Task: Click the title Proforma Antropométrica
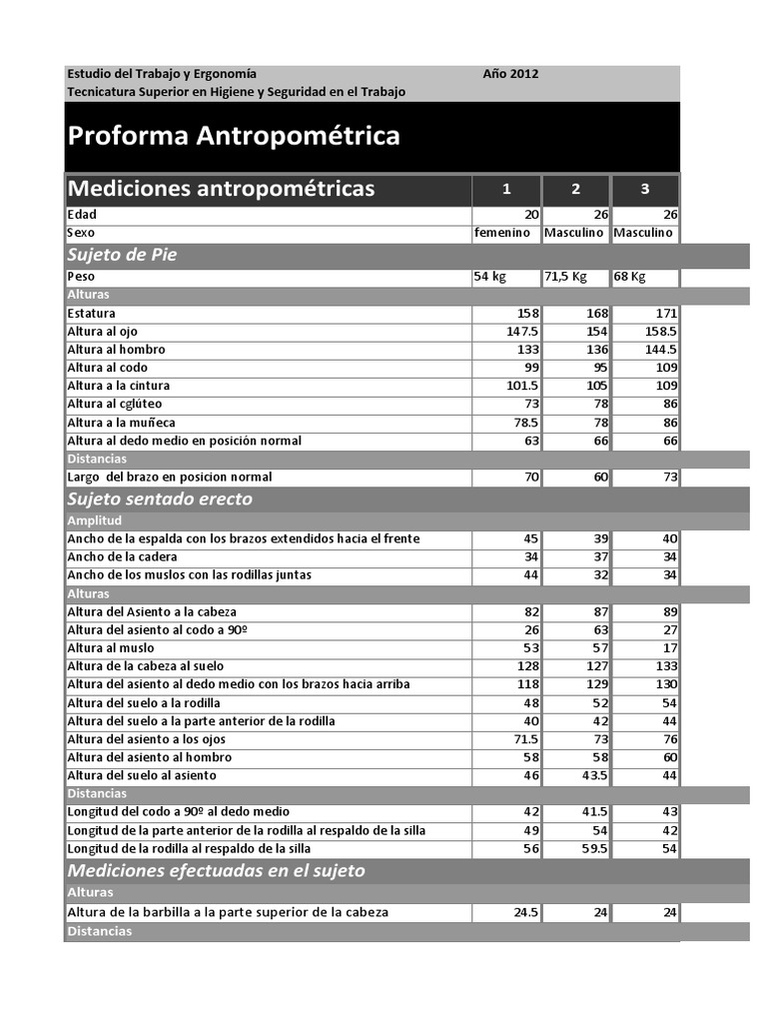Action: [x=234, y=136]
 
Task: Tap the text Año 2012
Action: [x=510, y=74]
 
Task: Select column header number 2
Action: [x=575, y=190]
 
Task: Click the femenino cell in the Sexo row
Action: [x=502, y=233]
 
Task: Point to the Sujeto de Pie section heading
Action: [x=122, y=255]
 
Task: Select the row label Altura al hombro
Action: [x=116, y=350]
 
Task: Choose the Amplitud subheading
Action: [x=94, y=520]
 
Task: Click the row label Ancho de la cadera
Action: [x=122, y=556]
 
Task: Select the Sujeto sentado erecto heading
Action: [x=160, y=499]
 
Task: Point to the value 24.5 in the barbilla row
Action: [x=525, y=912]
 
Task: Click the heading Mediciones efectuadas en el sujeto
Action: [x=216, y=870]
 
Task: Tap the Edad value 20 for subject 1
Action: [x=531, y=215]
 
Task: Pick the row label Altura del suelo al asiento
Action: [x=141, y=775]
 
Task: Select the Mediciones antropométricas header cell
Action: [x=221, y=189]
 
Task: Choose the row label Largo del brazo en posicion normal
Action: [x=169, y=478]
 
